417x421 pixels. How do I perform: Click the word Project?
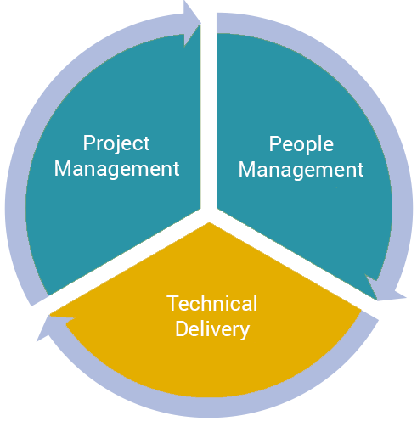[x=116, y=143]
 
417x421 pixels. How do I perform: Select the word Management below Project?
[x=116, y=169]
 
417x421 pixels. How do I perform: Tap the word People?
[x=301, y=144]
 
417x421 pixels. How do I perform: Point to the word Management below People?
[x=301, y=170]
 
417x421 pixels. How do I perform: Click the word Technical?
[x=212, y=303]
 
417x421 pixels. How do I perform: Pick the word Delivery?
[x=212, y=329]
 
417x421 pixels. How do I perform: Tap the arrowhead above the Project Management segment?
[x=190, y=23]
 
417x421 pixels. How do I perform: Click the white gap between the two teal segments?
[x=209, y=113]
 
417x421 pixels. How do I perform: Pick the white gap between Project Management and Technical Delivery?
[x=121, y=257]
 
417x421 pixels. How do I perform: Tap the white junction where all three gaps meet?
[x=209, y=214]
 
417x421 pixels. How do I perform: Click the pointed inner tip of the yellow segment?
[x=209, y=223]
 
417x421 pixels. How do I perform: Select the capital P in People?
[x=274, y=143]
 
